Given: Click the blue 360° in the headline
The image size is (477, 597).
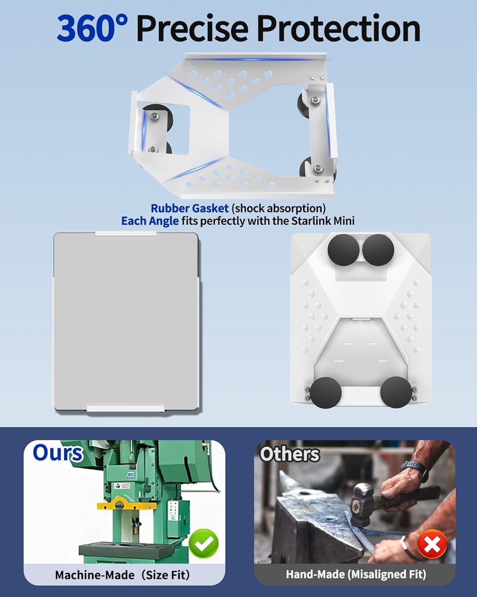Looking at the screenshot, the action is [x=92, y=28].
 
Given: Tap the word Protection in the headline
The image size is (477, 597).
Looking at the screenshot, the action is [x=339, y=28].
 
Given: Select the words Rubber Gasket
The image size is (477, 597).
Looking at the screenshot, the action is [x=190, y=208].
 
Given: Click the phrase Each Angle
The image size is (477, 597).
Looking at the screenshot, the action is [x=150, y=221].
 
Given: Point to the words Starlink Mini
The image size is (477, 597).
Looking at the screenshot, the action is [x=323, y=221].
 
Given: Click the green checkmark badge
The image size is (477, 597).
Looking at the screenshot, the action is [x=204, y=543].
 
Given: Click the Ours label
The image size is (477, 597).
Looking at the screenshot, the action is [x=58, y=453].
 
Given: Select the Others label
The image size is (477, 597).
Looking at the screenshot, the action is [x=290, y=454].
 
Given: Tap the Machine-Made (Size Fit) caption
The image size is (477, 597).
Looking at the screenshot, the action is [x=122, y=575].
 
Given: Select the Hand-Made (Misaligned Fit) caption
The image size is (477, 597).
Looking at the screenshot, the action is [x=356, y=574].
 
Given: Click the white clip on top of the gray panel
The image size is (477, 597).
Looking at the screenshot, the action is [x=126, y=234].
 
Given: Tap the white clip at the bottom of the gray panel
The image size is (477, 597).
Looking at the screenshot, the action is [x=126, y=408].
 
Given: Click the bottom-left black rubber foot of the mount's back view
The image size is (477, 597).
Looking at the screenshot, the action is [x=326, y=392].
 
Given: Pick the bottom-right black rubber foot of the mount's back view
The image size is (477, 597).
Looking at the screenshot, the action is [x=396, y=392].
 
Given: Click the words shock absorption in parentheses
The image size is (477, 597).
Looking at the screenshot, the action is [x=278, y=208].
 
